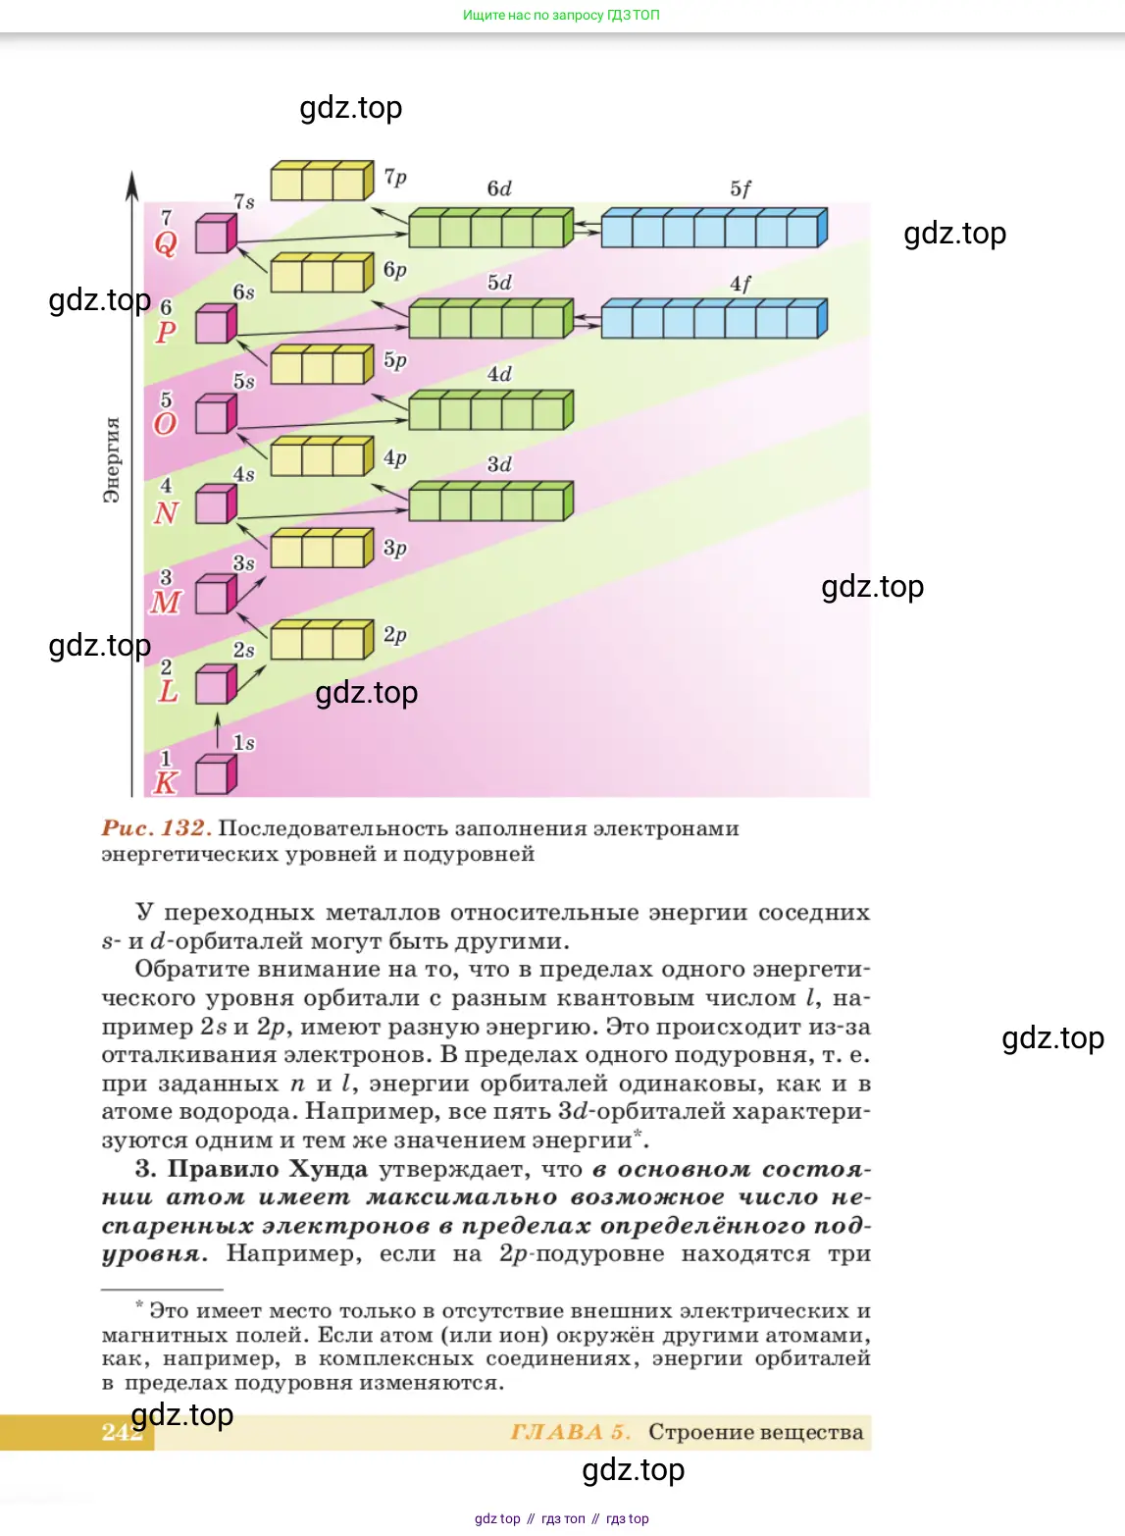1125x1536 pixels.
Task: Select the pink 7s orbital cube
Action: click(x=216, y=235)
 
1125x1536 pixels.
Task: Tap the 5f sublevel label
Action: click(x=741, y=188)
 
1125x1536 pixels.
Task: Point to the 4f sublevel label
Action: click(x=741, y=284)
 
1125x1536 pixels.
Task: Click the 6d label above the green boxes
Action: click(x=499, y=188)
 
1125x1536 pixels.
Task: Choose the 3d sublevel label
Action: click(x=499, y=464)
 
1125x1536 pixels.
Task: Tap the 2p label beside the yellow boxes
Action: click(x=394, y=635)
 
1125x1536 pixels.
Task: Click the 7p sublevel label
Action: click(x=395, y=177)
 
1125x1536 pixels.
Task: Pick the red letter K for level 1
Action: click(x=166, y=782)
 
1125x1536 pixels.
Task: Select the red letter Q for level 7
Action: click(x=166, y=243)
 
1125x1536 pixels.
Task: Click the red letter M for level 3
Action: click(x=166, y=602)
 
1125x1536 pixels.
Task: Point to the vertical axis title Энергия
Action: click(x=112, y=459)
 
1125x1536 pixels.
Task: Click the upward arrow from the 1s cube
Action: click(x=218, y=730)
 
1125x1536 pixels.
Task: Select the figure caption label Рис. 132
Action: click(x=156, y=828)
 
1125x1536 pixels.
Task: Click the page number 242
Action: click(x=121, y=1432)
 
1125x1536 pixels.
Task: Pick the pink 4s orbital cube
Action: click(x=216, y=504)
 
